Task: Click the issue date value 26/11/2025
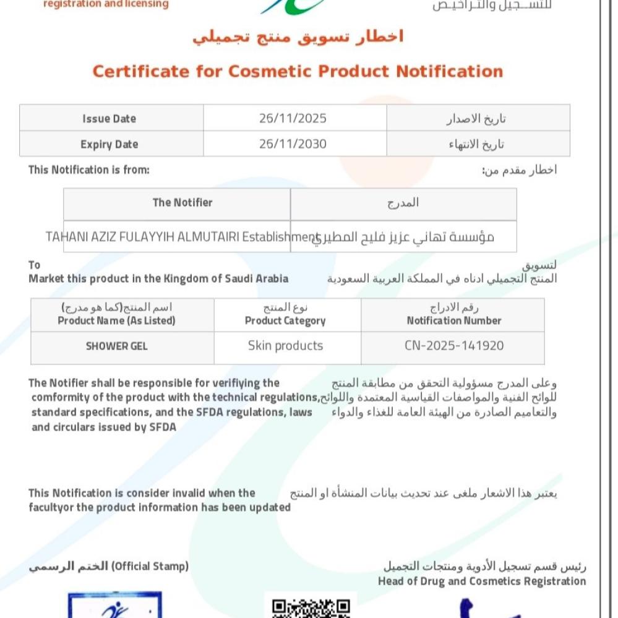tap(293, 118)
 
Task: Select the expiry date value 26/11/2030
tap(293, 144)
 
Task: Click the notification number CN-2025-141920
tap(454, 346)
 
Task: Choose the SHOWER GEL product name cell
tap(117, 346)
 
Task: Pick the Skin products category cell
tap(285, 346)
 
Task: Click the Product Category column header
tap(285, 320)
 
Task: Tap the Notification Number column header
tap(454, 320)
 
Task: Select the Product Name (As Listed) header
tap(117, 320)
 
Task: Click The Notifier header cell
tap(182, 202)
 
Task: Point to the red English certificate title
tap(298, 71)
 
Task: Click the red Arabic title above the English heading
tap(298, 37)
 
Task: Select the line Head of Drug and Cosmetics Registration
tap(482, 581)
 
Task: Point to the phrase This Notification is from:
tap(89, 170)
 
